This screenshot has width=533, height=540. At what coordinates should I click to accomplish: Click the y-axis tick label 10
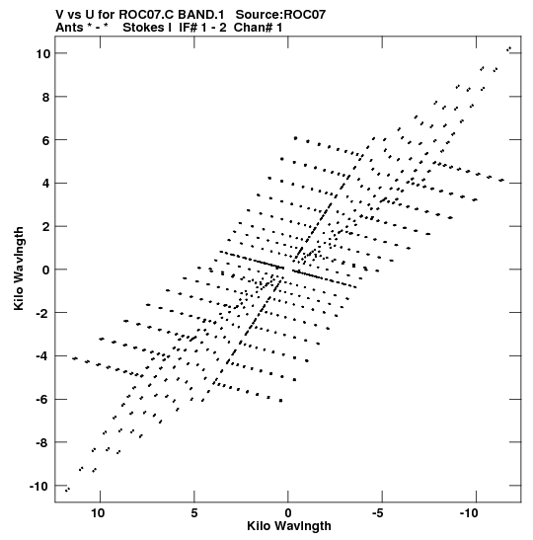(x=43, y=53)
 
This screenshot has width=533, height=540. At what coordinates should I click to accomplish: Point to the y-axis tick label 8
(x=45, y=97)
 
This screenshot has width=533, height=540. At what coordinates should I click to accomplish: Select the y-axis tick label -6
(x=43, y=400)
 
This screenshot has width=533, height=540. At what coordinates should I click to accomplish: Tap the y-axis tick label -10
(x=39, y=487)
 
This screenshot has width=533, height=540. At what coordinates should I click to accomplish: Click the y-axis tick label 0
(x=45, y=270)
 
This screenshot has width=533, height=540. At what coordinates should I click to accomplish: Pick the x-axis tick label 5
(x=194, y=512)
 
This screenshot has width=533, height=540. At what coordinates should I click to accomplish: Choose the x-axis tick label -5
(x=379, y=512)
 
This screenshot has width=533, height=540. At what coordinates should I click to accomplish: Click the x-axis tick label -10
(x=469, y=512)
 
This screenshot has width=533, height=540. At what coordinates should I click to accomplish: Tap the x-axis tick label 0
(x=288, y=512)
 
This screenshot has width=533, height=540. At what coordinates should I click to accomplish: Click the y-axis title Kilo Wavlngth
(x=19, y=269)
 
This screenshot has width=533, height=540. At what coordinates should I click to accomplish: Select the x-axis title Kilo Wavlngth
(x=289, y=526)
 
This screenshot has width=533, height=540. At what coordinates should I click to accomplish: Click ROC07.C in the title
(x=147, y=15)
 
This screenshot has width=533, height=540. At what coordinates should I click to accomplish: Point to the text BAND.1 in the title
(x=200, y=15)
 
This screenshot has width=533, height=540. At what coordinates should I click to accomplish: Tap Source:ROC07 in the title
(x=280, y=15)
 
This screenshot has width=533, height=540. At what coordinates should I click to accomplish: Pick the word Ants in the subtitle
(x=68, y=28)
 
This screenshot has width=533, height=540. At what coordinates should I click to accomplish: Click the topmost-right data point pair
(x=508, y=49)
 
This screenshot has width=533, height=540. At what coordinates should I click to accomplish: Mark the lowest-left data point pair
(x=67, y=490)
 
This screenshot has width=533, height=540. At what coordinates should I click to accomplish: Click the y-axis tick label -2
(x=43, y=313)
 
